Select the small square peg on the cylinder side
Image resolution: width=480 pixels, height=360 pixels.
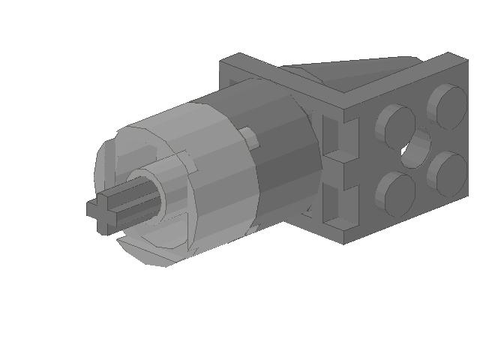[247, 137]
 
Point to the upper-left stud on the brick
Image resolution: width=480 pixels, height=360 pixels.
[395, 125]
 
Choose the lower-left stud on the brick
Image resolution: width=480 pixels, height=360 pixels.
[395, 193]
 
